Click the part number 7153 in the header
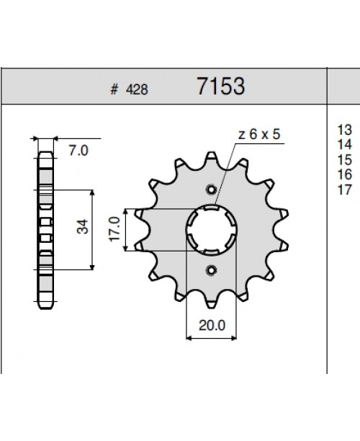(221, 87)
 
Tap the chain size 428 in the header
(138, 90)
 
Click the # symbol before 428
(114, 90)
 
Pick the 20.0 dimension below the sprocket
(212, 325)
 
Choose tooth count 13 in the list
(343, 130)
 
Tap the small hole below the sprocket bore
(212, 270)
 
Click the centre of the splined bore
(212, 230)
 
